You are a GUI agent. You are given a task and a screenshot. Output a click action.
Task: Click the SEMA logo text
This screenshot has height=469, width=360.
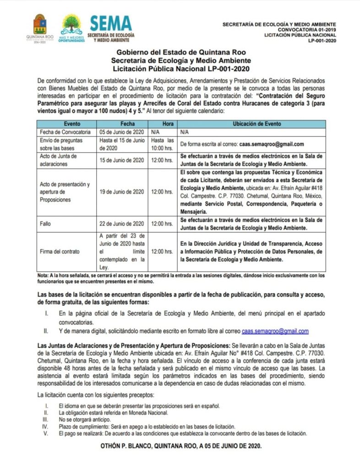[110, 24]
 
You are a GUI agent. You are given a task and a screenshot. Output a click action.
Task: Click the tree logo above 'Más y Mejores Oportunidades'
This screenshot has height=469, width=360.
[71, 23]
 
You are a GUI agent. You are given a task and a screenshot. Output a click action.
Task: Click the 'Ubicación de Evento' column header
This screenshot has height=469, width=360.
[251, 124]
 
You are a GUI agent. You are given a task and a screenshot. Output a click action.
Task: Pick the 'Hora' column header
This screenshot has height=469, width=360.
[163, 124]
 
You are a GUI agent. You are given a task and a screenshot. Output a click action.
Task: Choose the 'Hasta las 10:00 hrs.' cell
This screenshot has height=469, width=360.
[163, 144]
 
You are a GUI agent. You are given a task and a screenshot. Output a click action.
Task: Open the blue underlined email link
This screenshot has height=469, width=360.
[275, 331]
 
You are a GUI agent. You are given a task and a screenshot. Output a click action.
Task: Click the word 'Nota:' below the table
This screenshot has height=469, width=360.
[43, 275]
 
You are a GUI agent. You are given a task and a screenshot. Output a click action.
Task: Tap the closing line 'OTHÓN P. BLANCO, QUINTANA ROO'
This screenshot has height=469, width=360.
[180, 446]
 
